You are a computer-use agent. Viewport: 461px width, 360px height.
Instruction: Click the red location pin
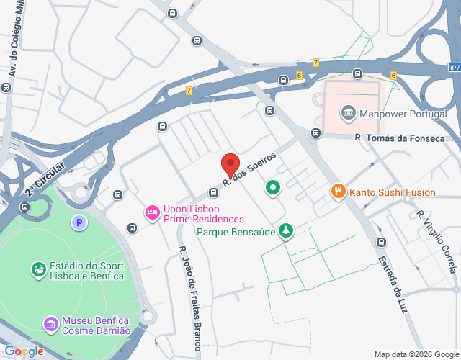tap(230, 165)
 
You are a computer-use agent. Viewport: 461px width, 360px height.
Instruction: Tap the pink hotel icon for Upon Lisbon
tap(151, 212)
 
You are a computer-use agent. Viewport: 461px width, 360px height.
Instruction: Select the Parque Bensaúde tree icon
tap(287, 230)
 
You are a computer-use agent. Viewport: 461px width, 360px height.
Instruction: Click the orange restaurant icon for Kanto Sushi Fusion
tap(337, 191)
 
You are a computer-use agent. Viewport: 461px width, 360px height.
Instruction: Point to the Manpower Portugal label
tap(403, 114)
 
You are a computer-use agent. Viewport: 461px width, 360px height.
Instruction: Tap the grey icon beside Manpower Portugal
tap(349, 112)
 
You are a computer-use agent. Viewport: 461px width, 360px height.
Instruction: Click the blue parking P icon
tap(79, 223)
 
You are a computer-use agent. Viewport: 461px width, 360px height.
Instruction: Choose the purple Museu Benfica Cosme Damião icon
tap(50, 324)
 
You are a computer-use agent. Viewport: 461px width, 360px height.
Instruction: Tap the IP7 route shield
tap(453, 67)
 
